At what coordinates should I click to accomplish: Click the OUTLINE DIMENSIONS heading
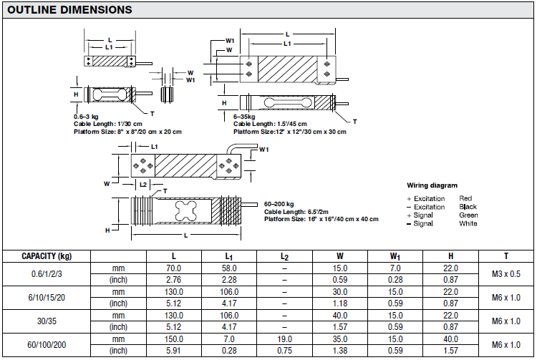tap(68, 10)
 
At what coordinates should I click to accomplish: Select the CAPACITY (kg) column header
tap(47, 256)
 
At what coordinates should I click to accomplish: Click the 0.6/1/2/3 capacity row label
tap(47, 274)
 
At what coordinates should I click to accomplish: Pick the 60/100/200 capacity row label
tap(47, 344)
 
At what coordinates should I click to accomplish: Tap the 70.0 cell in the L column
tap(174, 268)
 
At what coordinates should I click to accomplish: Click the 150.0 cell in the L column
tap(174, 339)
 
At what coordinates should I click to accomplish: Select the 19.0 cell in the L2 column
tap(284, 339)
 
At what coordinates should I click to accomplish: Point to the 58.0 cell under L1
tap(229, 268)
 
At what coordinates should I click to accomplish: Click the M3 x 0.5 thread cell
tap(505, 274)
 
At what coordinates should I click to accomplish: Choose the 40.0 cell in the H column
tap(450, 339)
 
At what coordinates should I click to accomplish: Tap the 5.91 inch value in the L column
tap(174, 351)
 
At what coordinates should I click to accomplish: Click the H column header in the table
tap(450, 256)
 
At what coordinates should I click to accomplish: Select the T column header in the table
tap(505, 256)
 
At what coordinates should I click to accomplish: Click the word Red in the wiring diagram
tap(465, 198)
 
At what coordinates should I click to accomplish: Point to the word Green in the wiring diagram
tap(468, 215)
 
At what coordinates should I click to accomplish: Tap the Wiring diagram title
tap(432, 185)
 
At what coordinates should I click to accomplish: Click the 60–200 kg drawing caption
tap(280, 205)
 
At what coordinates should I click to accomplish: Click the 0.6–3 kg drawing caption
tap(86, 115)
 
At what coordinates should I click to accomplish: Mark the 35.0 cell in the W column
tap(339, 339)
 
